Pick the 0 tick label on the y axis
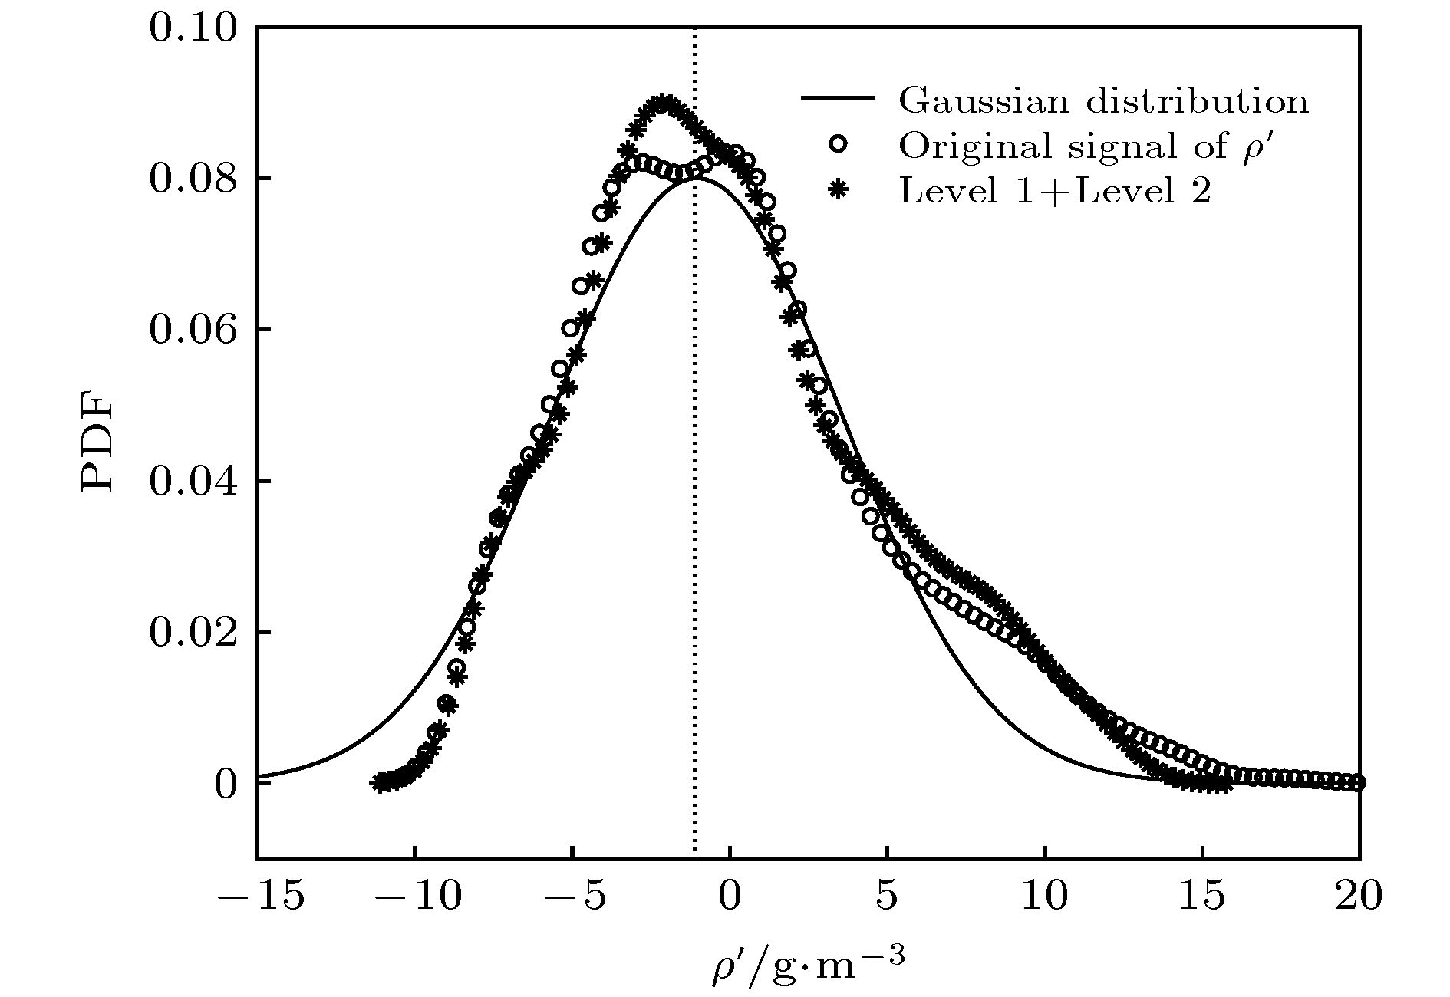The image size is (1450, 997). click(x=226, y=785)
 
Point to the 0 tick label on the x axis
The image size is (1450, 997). click(x=730, y=895)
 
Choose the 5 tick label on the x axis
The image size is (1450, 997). click(x=888, y=895)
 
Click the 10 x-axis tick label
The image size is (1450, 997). click(x=1045, y=895)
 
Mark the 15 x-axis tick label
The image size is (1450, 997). click(x=1202, y=895)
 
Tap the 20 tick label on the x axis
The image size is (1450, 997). click(x=1359, y=895)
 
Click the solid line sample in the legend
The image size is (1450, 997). click(x=838, y=99)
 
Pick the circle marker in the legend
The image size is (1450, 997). click(x=839, y=144)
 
